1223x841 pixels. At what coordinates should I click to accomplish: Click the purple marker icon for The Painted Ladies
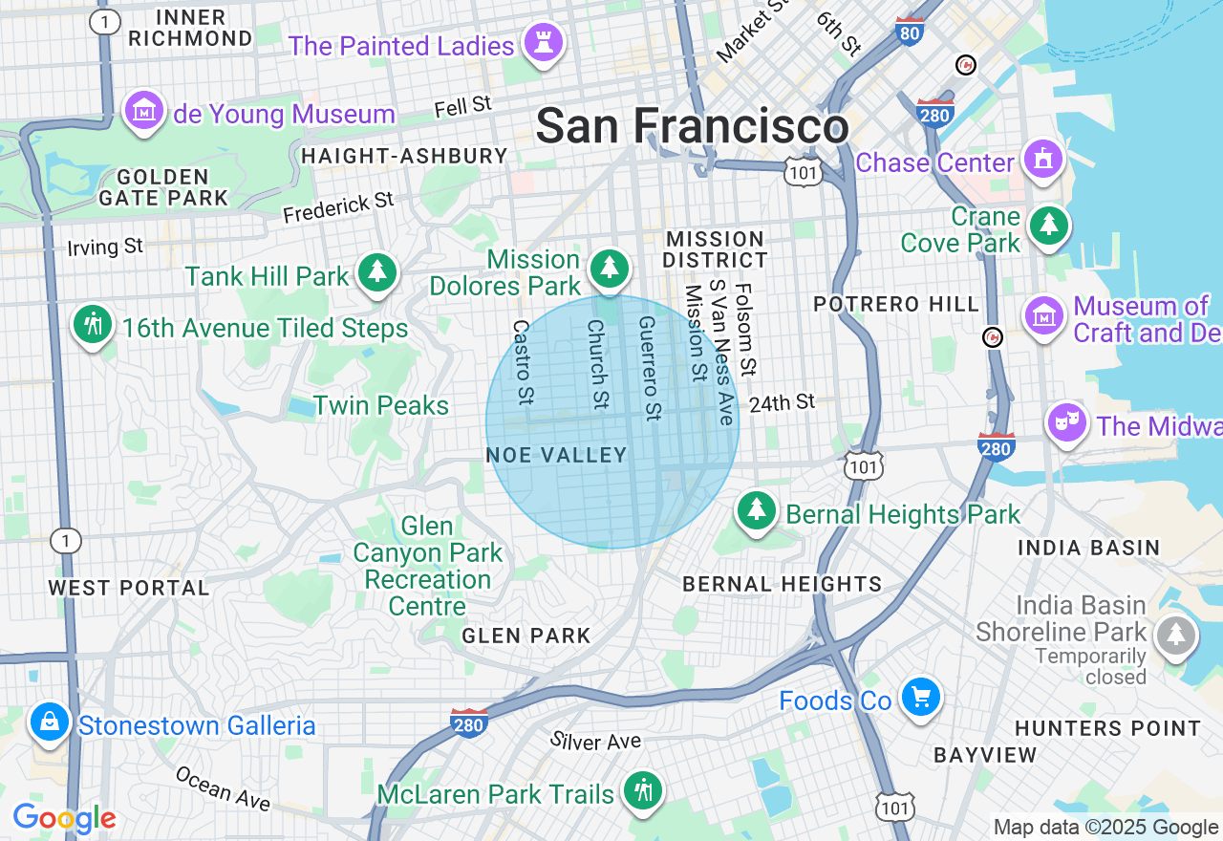click(544, 44)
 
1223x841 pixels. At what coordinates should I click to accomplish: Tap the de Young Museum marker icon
click(144, 113)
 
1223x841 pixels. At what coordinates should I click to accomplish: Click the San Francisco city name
click(692, 126)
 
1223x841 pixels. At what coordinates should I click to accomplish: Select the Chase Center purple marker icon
click(1042, 160)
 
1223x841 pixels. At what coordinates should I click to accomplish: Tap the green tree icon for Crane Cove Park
click(1049, 226)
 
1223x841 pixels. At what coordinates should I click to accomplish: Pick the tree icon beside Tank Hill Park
click(377, 274)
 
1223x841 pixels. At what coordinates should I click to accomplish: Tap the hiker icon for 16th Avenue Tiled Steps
click(93, 326)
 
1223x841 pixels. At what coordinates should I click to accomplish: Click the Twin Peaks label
click(381, 405)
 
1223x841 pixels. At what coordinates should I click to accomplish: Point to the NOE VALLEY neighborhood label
click(557, 456)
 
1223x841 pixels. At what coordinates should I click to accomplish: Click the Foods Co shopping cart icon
click(920, 698)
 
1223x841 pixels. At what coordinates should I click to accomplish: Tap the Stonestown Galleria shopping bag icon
click(49, 723)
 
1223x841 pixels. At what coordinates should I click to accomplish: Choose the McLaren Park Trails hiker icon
click(643, 791)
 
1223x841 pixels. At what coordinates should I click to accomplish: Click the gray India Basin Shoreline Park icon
click(1175, 635)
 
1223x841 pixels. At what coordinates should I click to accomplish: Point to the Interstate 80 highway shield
click(910, 32)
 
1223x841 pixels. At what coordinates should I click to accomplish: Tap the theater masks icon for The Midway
click(1067, 422)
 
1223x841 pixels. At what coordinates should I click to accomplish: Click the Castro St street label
click(523, 361)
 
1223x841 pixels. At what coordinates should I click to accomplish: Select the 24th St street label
click(782, 402)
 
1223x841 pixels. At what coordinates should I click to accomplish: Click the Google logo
click(64, 818)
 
